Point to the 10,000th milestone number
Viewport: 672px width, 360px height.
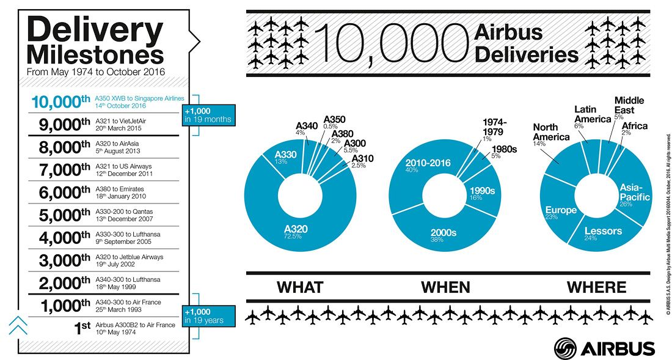[x=60, y=102]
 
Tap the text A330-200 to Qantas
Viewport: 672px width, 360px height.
[x=124, y=211]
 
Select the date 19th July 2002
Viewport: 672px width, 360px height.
[x=115, y=265]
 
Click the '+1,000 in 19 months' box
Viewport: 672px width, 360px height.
[x=209, y=115]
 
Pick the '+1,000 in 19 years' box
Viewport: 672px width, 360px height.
[x=209, y=316]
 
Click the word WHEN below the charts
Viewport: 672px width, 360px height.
[x=446, y=287]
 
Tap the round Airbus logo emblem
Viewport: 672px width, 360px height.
[x=565, y=348]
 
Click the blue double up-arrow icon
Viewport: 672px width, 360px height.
[x=18, y=325]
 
